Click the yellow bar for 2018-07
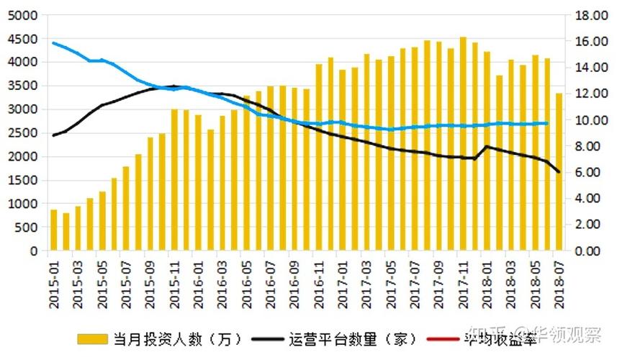[x=559, y=173]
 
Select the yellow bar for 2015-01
[x=53, y=230]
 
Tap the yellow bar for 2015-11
[x=174, y=180]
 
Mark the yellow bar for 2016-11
[x=319, y=158]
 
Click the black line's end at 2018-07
[x=559, y=172]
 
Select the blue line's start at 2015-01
[x=53, y=43]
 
